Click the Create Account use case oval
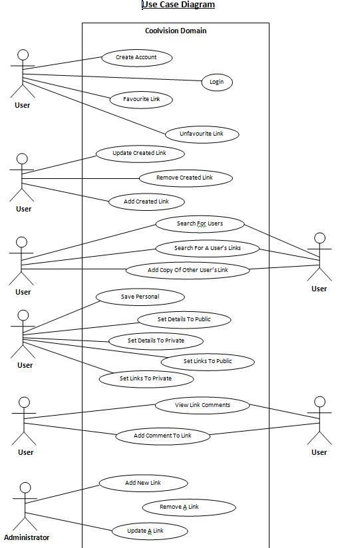(x=137, y=58)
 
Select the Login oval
(x=217, y=82)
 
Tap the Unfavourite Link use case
(x=202, y=134)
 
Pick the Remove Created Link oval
(x=186, y=178)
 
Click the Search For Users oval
(x=200, y=224)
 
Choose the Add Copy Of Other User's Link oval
(x=188, y=271)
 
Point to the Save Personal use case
(x=140, y=297)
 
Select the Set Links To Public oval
(x=208, y=362)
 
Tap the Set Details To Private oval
(x=156, y=341)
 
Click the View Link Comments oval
(x=202, y=406)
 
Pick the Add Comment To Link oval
(x=162, y=436)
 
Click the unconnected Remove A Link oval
(x=189, y=507)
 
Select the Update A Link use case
(x=150, y=531)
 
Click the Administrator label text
(x=27, y=537)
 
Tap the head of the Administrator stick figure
(x=25, y=488)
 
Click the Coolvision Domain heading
(x=176, y=31)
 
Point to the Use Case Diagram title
(x=178, y=5)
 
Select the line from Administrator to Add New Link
(x=63, y=494)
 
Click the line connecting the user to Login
(x=112, y=77)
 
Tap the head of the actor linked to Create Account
(x=23, y=55)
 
